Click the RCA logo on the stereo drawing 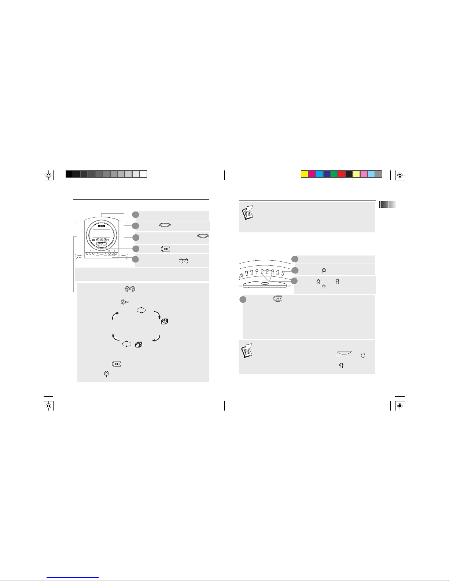[x=101, y=226]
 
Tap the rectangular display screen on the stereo [x=101, y=233]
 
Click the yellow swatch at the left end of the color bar [x=305, y=174]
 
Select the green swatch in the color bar [x=334, y=174]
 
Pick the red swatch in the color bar [x=342, y=174]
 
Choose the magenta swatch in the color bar [x=312, y=174]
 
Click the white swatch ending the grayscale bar [x=143, y=174]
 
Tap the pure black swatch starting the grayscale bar [x=69, y=174]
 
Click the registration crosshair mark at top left [x=48, y=175]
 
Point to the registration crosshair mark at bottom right [x=400, y=406]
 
